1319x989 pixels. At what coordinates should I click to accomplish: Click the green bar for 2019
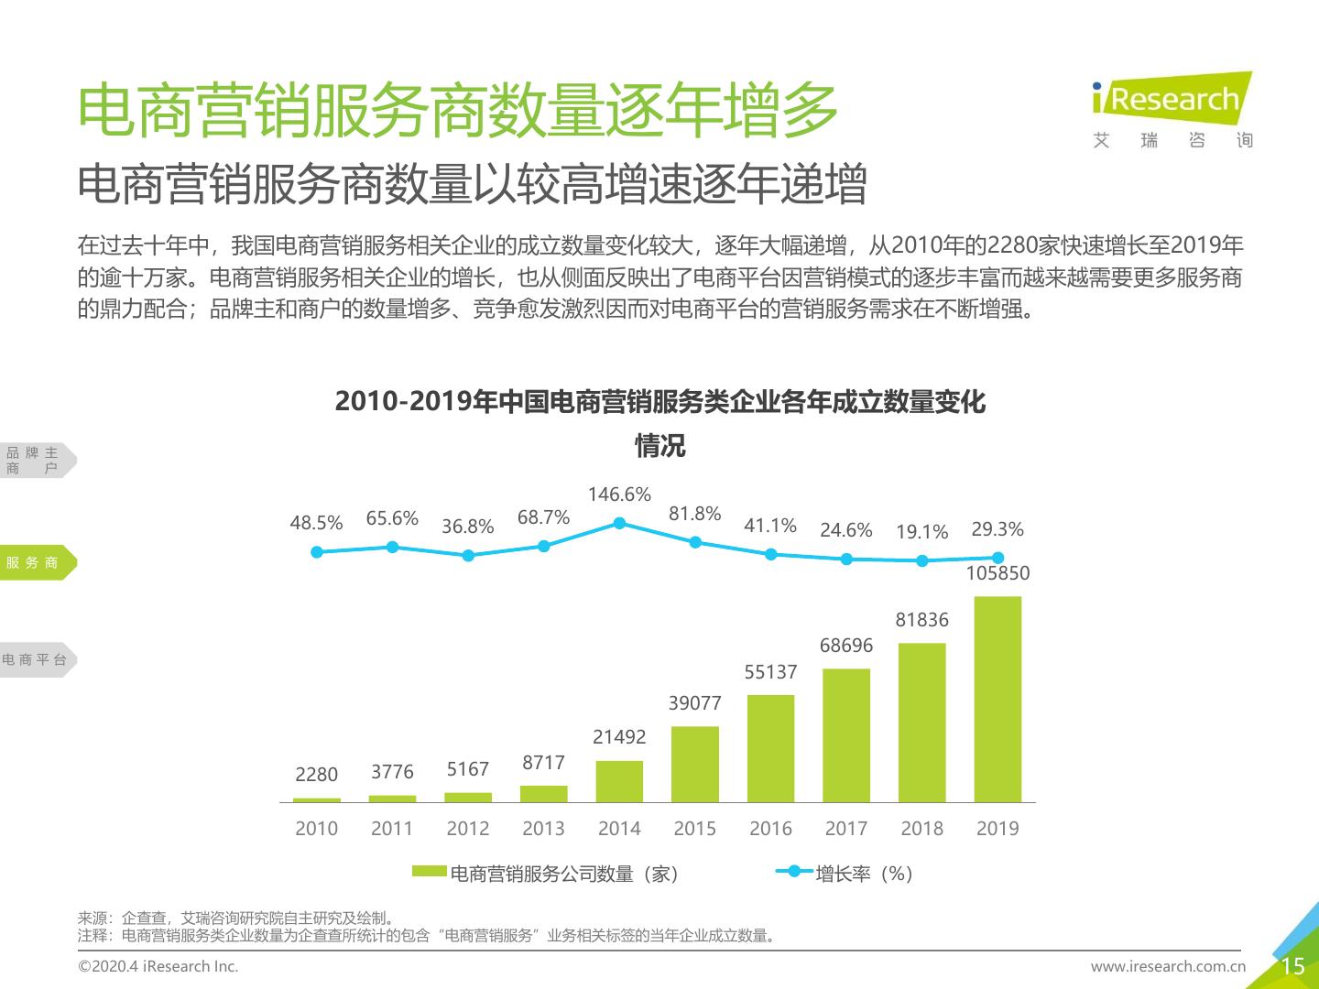997,699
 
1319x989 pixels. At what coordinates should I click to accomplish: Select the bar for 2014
619,781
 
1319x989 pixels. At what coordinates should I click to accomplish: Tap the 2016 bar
770,748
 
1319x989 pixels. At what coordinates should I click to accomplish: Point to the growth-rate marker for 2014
619,523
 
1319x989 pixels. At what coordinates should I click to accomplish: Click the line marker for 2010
317,551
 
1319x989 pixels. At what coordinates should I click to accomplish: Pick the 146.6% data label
619,494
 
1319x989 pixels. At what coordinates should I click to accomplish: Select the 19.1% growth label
921,532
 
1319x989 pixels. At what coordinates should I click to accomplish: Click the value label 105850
997,573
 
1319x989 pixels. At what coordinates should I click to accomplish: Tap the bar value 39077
694,703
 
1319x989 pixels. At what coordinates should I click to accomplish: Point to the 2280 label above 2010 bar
317,775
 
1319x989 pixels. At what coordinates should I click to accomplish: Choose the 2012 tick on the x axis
468,829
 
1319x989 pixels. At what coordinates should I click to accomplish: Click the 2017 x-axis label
846,829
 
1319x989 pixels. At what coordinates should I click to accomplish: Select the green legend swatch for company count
429,872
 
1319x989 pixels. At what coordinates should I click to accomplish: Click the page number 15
1292,966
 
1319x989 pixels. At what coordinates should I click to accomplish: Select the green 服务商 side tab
35,562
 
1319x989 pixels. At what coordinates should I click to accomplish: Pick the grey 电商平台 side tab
35,659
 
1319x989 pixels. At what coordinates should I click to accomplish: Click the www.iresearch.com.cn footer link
1168,966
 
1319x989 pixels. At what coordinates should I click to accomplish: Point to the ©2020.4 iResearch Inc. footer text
158,966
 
